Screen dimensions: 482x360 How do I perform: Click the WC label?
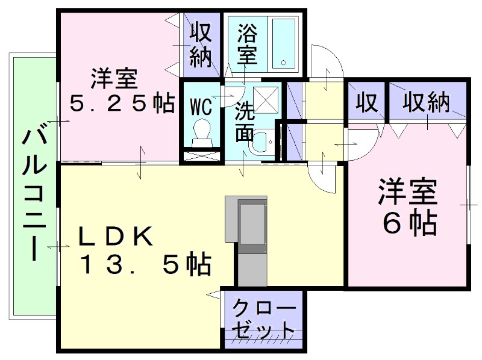click(201, 107)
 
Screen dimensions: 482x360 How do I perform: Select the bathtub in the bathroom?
click(283, 43)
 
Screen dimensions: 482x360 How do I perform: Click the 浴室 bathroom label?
click(247, 43)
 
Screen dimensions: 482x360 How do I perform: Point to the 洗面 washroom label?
click(245, 122)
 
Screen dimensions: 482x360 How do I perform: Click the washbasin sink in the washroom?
click(262, 143)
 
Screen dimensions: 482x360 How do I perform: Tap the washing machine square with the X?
click(266, 99)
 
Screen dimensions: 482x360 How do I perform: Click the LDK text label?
click(116, 237)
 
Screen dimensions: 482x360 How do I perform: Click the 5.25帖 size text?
click(122, 102)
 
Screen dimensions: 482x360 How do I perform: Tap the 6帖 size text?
click(410, 223)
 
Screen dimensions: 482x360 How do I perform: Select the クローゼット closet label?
click(264, 320)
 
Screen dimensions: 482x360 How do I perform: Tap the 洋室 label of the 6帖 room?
click(408, 192)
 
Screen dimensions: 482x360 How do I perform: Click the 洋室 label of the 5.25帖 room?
click(114, 79)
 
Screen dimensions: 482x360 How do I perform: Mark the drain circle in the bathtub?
click(283, 63)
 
